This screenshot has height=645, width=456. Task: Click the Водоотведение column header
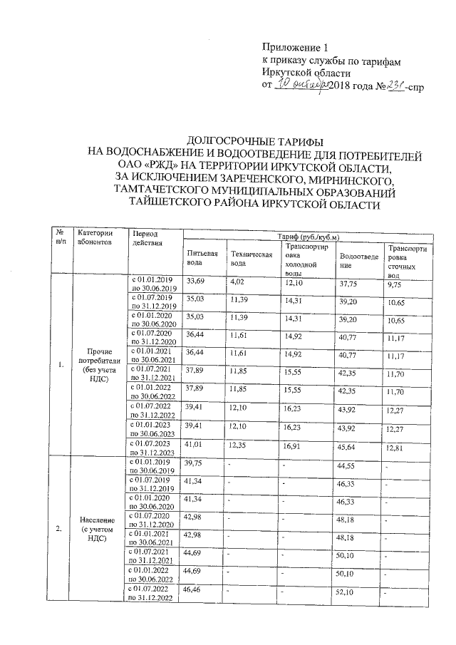coord(358,259)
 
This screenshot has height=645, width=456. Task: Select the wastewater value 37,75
coord(348,284)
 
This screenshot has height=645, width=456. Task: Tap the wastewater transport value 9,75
coord(393,284)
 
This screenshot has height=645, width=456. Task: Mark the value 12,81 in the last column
coord(394,448)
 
